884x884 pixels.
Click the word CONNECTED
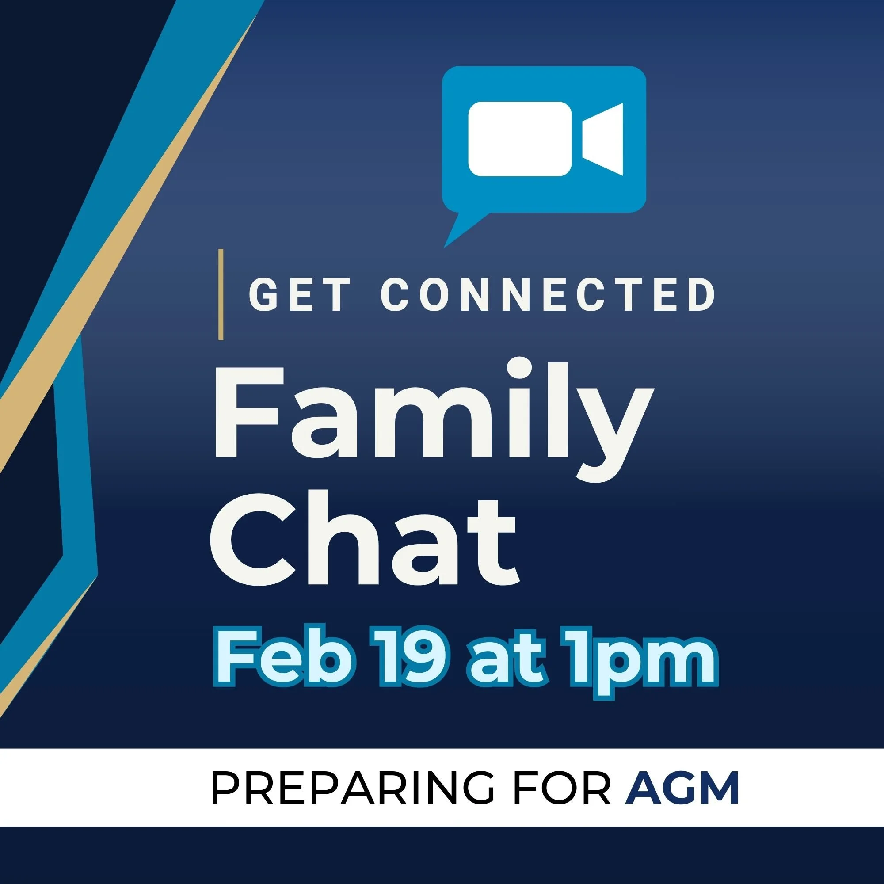pos(548,295)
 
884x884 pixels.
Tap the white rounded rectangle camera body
pos(520,139)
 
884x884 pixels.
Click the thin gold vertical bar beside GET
pos(221,294)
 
